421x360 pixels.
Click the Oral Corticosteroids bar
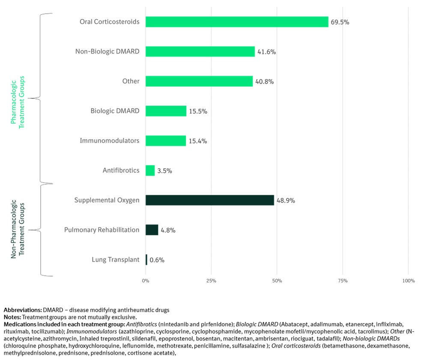pyautogui.click(x=237, y=22)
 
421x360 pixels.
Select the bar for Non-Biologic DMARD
pyautogui.click(x=200, y=52)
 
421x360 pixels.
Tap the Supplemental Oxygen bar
pyautogui.click(x=209, y=200)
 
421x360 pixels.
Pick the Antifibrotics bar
pyautogui.click(x=150, y=170)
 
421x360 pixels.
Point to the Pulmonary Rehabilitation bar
pyautogui.click(x=152, y=230)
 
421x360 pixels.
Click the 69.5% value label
pyautogui.click(x=340, y=22)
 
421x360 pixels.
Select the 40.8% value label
pyautogui.click(x=264, y=81)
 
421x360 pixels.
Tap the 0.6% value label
pyautogui.click(x=157, y=260)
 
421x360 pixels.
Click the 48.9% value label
pyautogui.click(x=286, y=200)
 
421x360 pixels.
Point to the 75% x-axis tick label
pyautogui.click(x=343, y=281)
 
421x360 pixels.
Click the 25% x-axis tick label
pyautogui.click(x=211, y=281)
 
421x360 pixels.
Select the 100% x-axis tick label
pyautogui.click(x=409, y=281)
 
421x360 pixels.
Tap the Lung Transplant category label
pyautogui.click(x=116, y=259)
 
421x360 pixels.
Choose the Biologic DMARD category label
pyautogui.click(x=115, y=111)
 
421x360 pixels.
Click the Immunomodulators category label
pyautogui.click(x=110, y=140)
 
